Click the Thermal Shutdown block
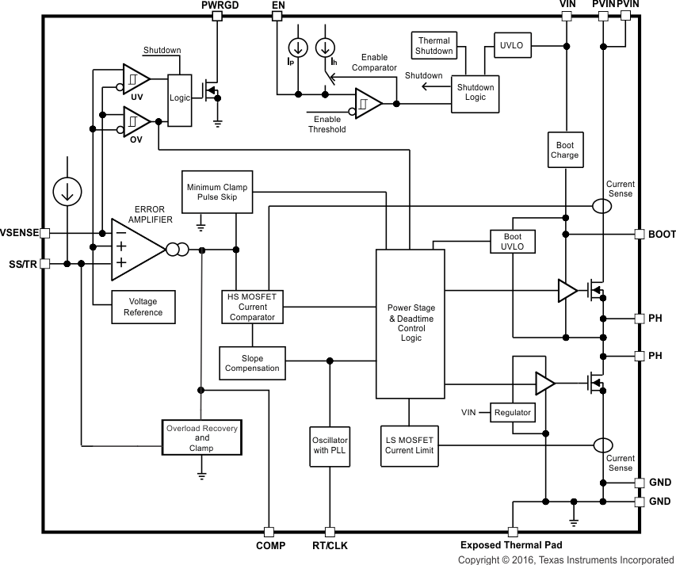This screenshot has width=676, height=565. (434, 46)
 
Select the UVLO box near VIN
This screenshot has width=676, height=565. (511, 45)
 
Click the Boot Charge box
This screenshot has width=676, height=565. (564, 150)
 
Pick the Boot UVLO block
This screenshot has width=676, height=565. (512, 242)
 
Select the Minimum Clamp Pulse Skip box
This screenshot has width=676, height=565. (217, 192)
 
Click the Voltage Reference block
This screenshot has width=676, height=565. (143, 307)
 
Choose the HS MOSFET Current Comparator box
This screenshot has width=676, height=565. (252, 307)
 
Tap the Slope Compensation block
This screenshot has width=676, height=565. (252, 364)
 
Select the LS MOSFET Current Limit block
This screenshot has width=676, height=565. (409, 445)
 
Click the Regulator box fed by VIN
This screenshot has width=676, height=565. (513, 413)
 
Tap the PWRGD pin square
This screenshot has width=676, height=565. (216, 16)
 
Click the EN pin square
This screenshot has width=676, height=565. (277, 16)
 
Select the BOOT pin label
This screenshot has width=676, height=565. (662, 235)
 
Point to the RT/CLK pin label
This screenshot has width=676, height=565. (330, 545)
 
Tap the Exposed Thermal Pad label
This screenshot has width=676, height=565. (511, 545)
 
